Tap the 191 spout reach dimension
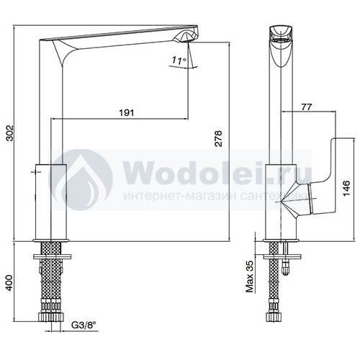[127, 112]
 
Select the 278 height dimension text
[218, 138]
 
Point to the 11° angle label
[179, 60]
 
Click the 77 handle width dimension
[306, 107]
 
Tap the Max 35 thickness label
[250, 276]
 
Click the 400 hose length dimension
[10, 283]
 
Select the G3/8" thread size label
[84, 325]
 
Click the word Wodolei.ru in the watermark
[217, 172]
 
